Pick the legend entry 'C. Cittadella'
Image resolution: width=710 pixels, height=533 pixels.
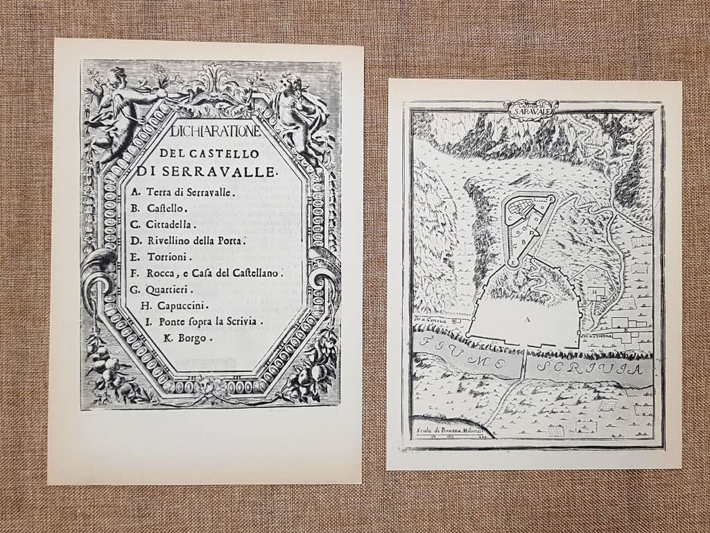(x=163, y=224)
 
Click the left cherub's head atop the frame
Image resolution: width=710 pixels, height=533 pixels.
(x=116, y=74)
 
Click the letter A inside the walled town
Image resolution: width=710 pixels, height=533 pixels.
(x=528, y=319)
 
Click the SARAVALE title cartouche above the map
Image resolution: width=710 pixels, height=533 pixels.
(x=530, y=109)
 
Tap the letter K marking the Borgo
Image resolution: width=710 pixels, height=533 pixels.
(x=626, y=330)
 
